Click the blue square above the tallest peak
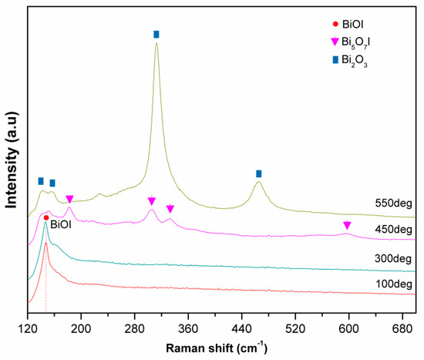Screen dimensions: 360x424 tap(156, 34)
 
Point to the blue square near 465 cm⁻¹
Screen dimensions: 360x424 tap(258, 173)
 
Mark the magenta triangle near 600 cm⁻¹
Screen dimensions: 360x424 tap(347, 225)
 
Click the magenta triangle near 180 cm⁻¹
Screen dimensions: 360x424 tap(69, 200)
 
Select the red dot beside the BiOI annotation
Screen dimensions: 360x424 tap(46, 218)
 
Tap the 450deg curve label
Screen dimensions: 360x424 tap(394, 230)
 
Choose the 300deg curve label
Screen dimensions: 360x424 tap(394, 258)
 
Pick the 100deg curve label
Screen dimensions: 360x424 tap(394, 284)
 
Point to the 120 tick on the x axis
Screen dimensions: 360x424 tap(28, 326)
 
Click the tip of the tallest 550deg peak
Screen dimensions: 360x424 tap(156, 43)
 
